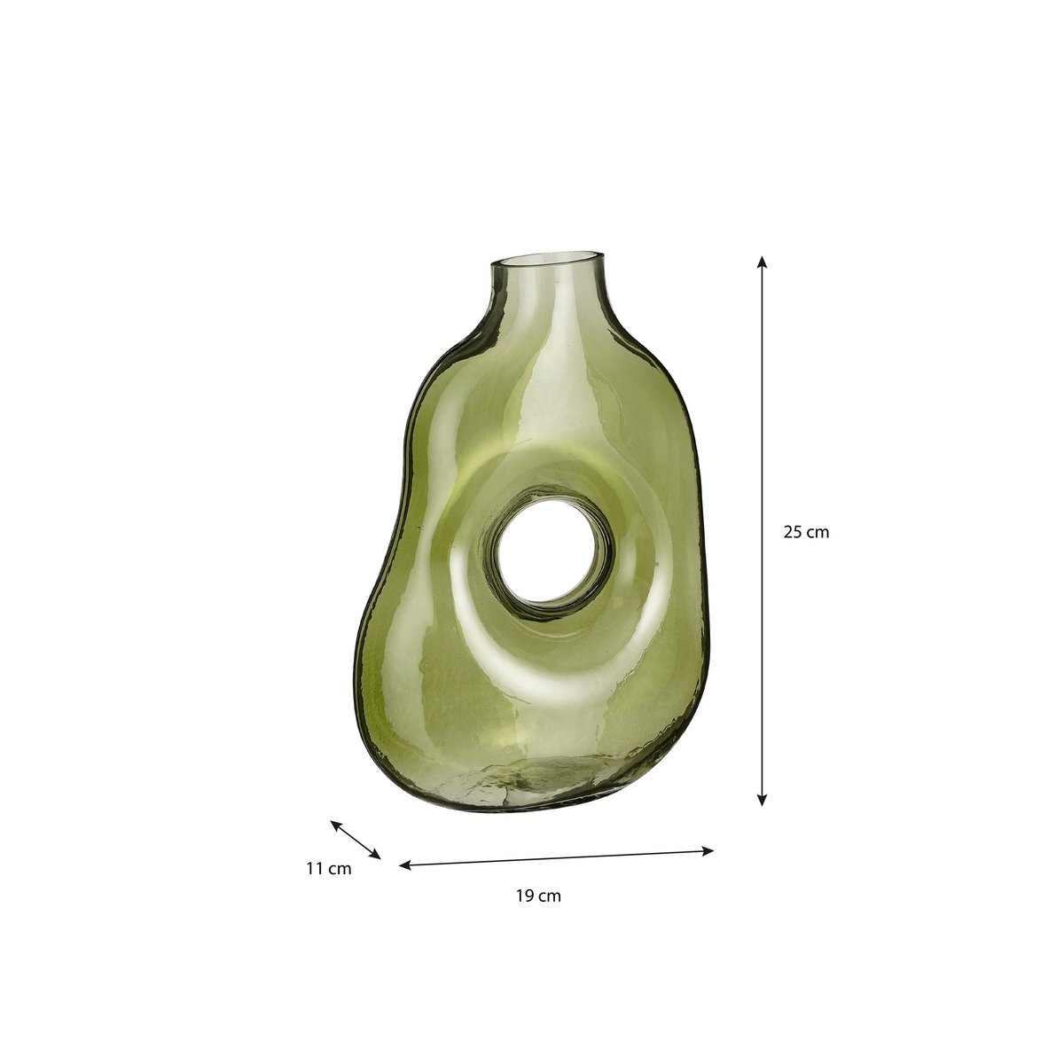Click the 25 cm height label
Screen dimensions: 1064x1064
806,533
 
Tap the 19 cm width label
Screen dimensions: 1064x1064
538,896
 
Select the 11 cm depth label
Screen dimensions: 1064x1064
328,869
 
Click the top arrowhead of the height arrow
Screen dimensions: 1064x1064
761,262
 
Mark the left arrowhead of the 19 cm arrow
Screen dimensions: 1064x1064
405,865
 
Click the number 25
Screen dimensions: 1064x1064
793,533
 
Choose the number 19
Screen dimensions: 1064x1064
524,896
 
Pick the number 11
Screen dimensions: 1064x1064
314,869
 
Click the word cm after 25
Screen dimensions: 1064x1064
818,533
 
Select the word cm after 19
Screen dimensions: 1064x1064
551,896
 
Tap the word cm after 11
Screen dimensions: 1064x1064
340,869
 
